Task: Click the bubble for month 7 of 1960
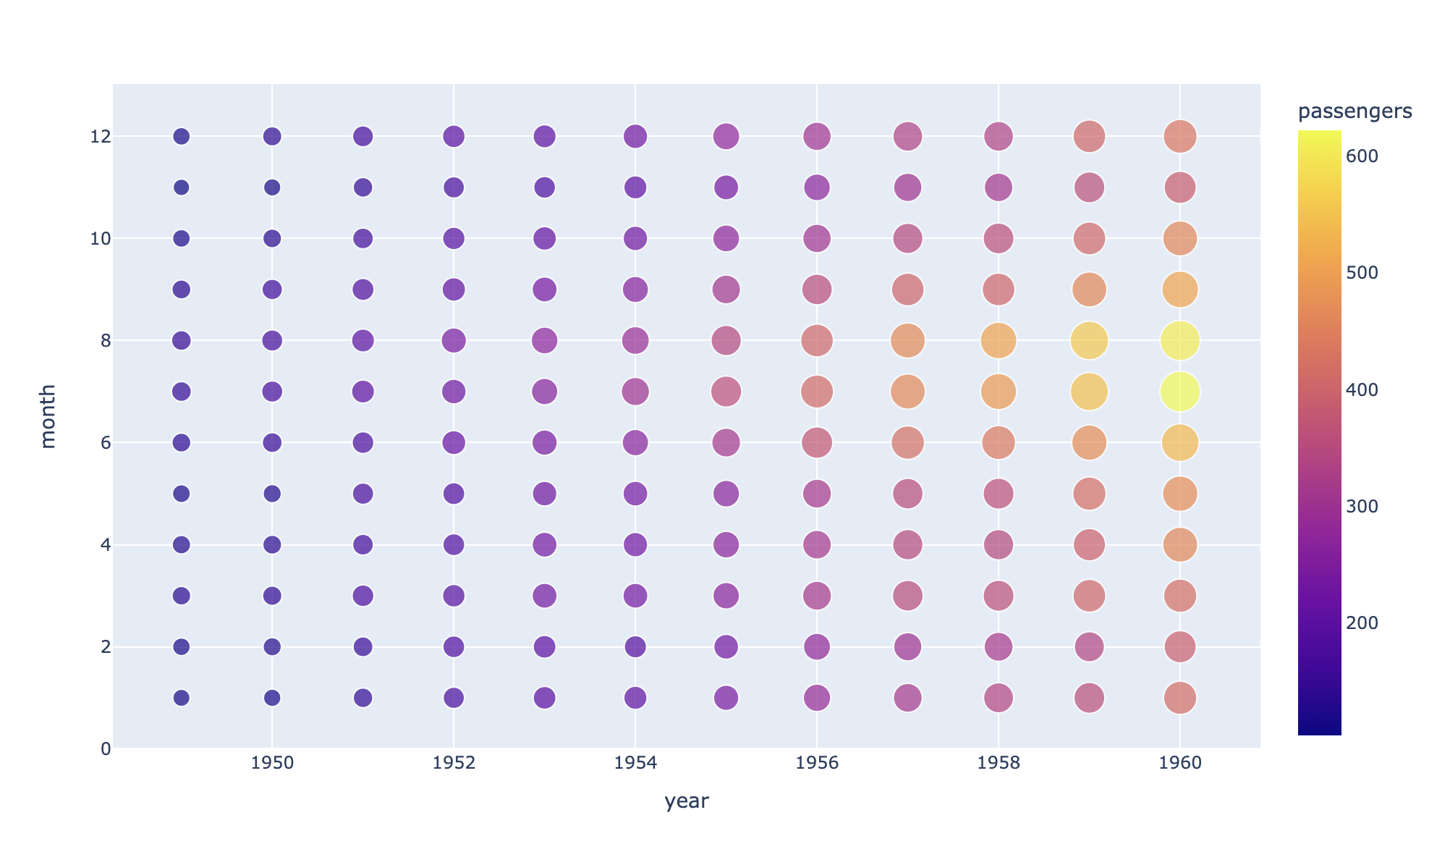[x=1179, y=392]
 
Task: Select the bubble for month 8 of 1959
[x=1089, y=340]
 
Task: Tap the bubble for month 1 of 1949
[x=182, y=698]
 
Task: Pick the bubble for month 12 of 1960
[x=1179, y=136]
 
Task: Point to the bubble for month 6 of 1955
[x=726, y=442]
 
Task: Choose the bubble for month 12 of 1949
[x=182, y=136]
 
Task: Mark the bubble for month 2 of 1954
[x=635, y=646]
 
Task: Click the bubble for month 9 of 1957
[x=907, y=290]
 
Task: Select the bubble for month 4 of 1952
[x=454, y=544]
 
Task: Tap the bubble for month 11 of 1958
[x=999, y=187]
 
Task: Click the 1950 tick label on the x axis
[x=272, y=764]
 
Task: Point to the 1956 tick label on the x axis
[x=816, y=764]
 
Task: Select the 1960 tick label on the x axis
[x=1179, y=764]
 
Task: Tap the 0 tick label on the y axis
[x=106, y=749]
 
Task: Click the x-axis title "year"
[x=686, y=802]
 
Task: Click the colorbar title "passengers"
[x=1355, y=111]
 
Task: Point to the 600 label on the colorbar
[x=1360, y=156]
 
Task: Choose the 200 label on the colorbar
[x=1360, y=623]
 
